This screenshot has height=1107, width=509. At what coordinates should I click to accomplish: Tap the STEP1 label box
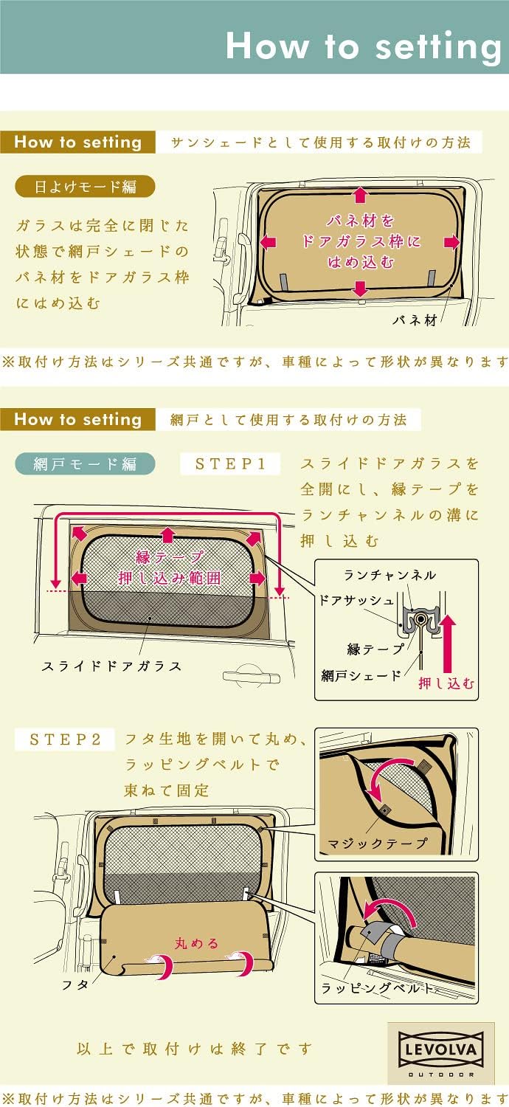[230, 464]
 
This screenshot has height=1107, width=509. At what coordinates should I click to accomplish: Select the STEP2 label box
[66, 739]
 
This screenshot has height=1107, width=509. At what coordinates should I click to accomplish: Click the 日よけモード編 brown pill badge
[86, 186]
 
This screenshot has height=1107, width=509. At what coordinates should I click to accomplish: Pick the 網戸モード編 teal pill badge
[86, 464]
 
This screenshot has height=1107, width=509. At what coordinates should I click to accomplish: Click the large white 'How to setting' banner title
[364, 46]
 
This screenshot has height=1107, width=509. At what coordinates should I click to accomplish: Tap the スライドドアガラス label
[111, 666]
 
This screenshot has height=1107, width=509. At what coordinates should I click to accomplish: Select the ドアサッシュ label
[356, 601]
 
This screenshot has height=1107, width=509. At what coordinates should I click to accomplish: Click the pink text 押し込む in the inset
[447, 683]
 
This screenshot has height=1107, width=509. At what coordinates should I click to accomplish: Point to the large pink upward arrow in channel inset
[448, 642]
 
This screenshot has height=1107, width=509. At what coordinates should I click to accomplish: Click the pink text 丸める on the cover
[196, 942]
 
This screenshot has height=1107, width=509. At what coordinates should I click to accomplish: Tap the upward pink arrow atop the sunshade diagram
[360, 195]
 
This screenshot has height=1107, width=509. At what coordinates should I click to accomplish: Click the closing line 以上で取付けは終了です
[195, 1049]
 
